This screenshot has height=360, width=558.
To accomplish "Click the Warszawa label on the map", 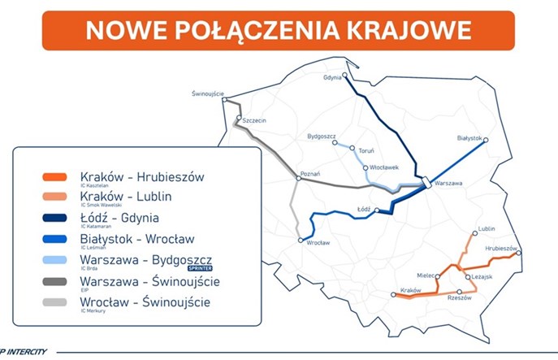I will (449, 184).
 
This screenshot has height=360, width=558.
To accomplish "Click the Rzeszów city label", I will (460, 300).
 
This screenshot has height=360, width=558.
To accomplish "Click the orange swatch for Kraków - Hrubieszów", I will (54, 178).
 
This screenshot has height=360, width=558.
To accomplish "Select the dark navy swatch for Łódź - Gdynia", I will (54, 219).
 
